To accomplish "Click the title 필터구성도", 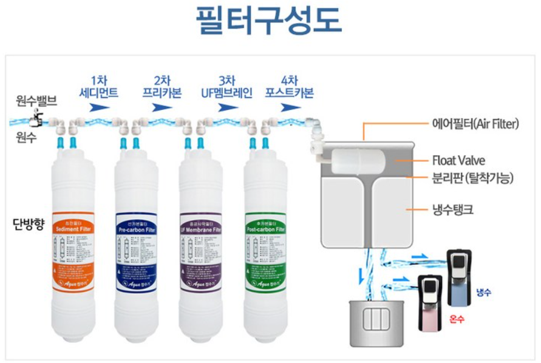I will click(x=269, y=21).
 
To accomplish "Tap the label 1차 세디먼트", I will click(x=98, y=87).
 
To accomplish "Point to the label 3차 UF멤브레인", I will click(x=226, y=87).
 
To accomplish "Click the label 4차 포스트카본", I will click(x=290, y=87).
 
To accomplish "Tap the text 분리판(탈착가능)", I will click(x=472, y=178).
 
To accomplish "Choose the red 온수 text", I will click(x=457, y=318).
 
